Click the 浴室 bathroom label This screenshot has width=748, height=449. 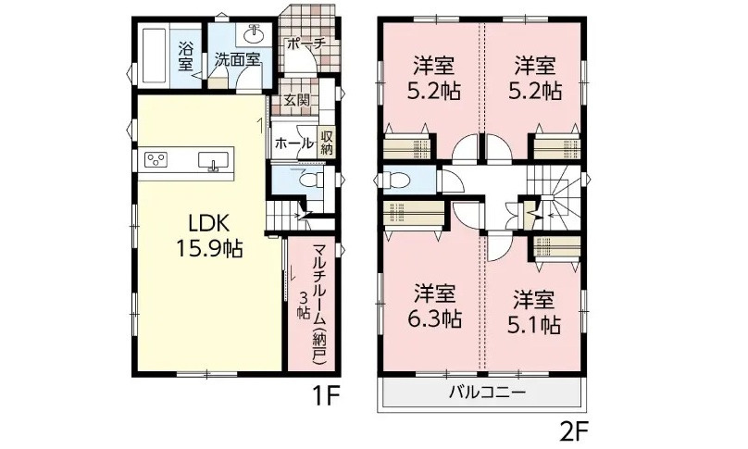pos(186,56)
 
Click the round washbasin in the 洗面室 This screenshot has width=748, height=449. pos(253,35)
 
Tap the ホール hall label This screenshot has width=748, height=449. pos(293,143)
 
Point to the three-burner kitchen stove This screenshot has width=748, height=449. pos(156,161)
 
